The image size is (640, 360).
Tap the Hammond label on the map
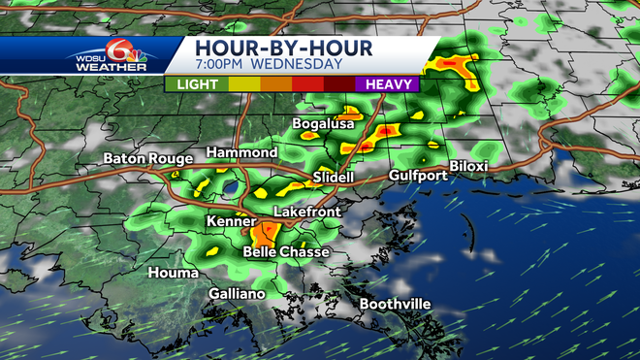click(241, 153)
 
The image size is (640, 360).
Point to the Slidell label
click(335, 179)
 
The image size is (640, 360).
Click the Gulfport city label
click(417, 176)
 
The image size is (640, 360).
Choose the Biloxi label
click(468, 167)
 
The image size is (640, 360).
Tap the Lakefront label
click(304, 211)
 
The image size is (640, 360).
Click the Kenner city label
click(231, 221)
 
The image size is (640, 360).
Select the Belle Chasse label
click(286, 252)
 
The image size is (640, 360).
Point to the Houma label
click(175, 273)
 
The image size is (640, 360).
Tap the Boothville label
click(395, 305)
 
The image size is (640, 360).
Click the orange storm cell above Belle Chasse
click(265, 233)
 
